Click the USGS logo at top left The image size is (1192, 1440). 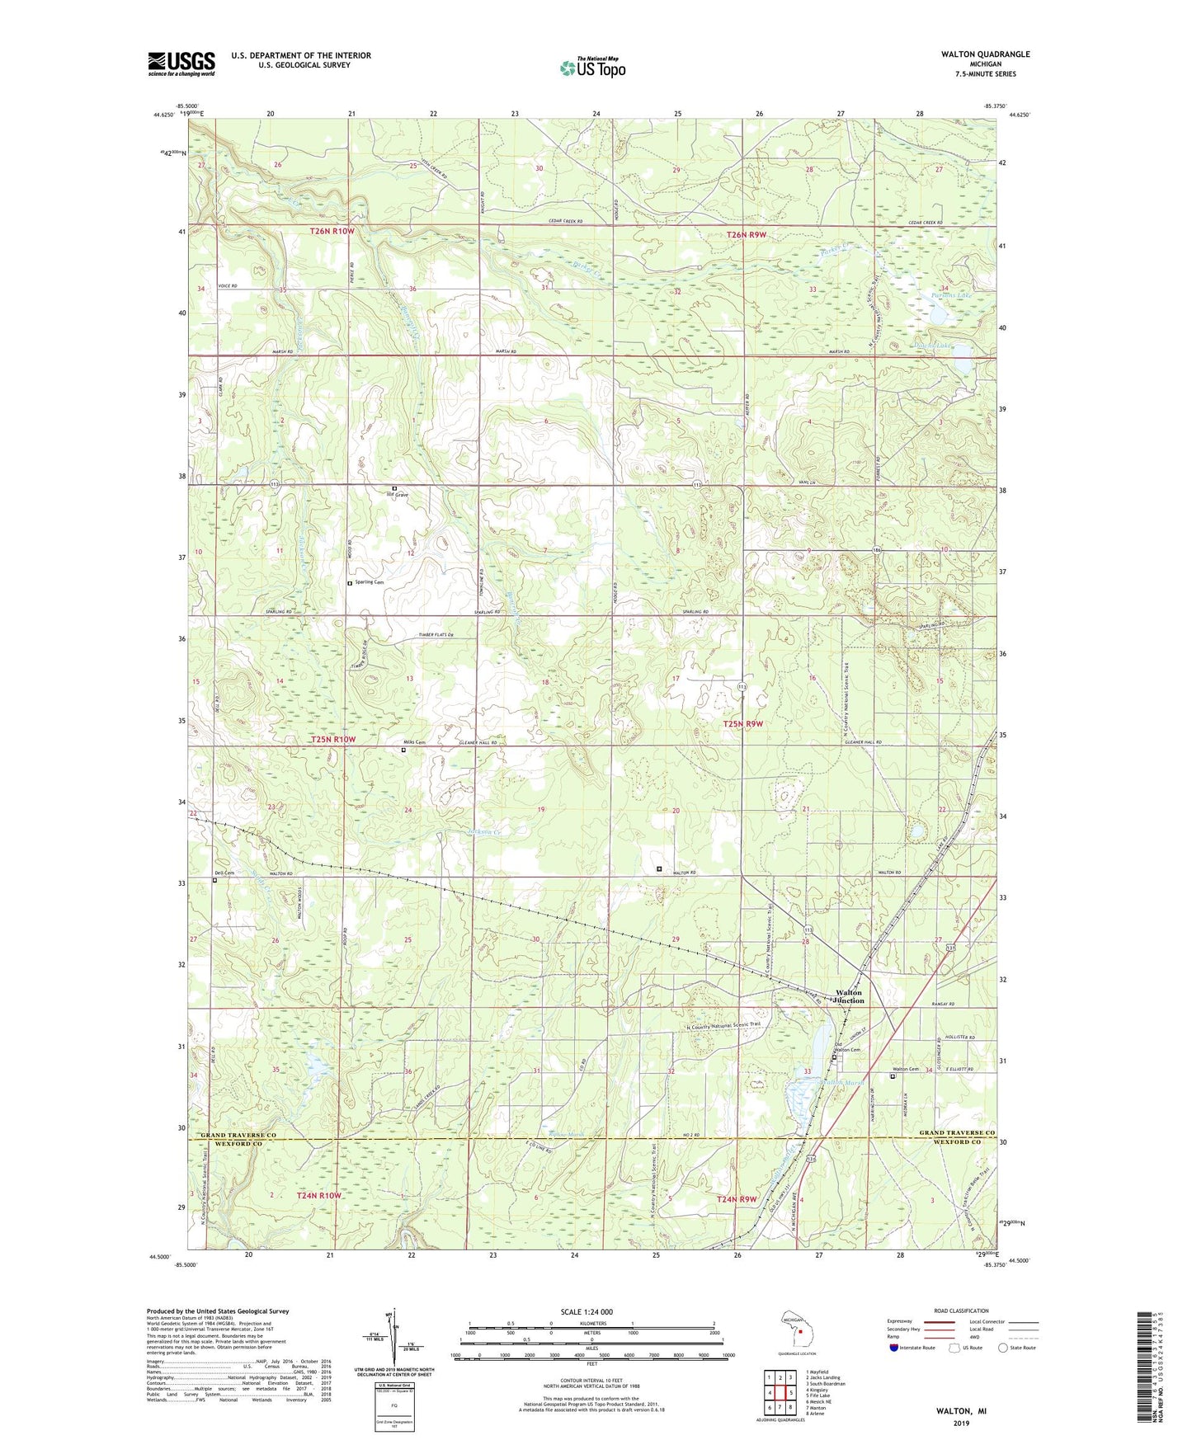[x=181, y=64]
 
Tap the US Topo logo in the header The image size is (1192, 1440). [x=592, y=68]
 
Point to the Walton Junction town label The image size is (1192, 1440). [x=850, y=996]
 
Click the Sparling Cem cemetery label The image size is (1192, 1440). [x=368, y=582]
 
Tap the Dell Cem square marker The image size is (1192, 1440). [x=215, y=880]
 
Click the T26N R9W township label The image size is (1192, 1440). [x=747, y=235]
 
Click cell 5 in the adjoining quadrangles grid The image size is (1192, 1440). [x=789, y=1393]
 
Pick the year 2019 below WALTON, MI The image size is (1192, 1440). [x=961, y=1423]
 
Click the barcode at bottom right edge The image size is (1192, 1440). [x=1145, y=1368]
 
